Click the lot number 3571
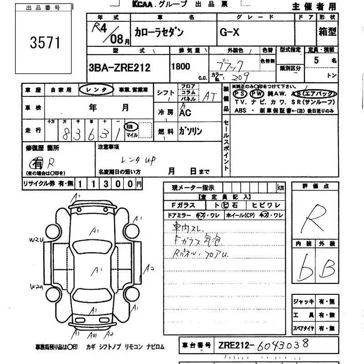(x=45, y=43)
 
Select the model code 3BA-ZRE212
(x=119, y=67)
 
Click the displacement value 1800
(x=180, y=66)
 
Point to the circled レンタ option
(x=96, y=90)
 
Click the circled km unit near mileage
(x=131, y=126)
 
